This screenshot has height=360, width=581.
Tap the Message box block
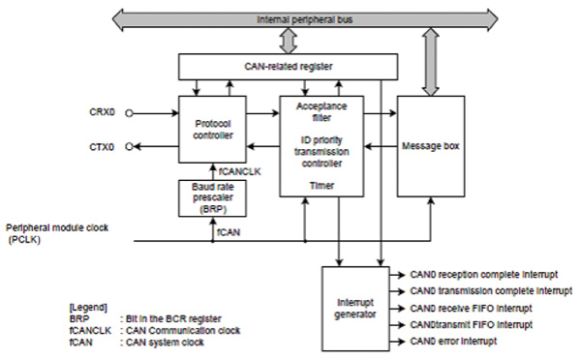click(431, 145)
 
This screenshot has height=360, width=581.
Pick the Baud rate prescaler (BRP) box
click(215, 199)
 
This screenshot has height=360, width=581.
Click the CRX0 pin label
click(102, 112)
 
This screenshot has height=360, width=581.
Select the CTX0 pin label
click(102, 147)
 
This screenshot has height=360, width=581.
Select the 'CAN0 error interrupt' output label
click(455, 342)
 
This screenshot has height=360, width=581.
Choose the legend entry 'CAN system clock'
click(167, 341)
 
